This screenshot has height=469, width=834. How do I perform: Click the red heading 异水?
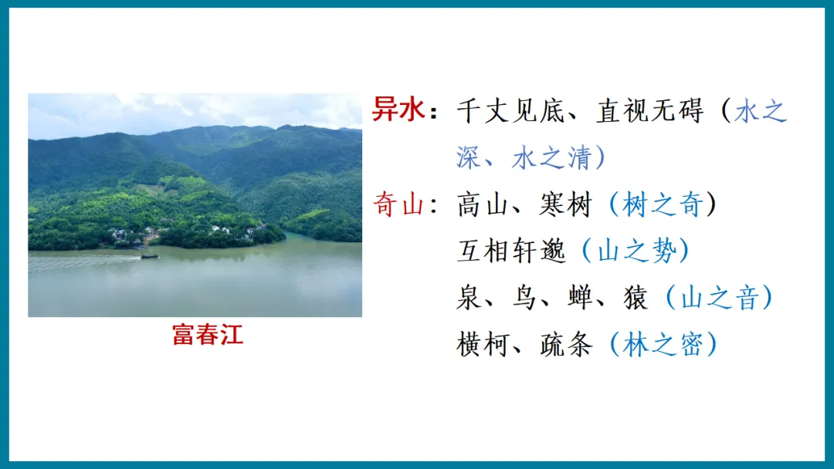(x=398, y=110)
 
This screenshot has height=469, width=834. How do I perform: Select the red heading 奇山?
(x=398, y=204)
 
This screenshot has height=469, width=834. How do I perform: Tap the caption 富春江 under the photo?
(x=208, y=335)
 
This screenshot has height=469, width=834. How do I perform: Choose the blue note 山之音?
(x=718, y=298)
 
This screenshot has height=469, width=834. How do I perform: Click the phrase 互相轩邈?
(x=511, y=251)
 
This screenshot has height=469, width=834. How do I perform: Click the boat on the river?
(x=149, y=255)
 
